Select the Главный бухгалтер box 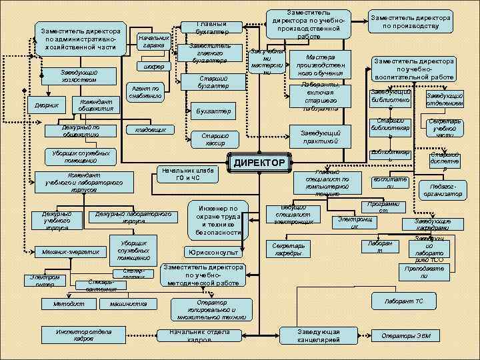tap(212, 28)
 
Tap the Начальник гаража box tap(153, 41)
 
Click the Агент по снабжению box tap(145, 91)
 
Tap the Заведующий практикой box tap(320, 137)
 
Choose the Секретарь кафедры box tap(289, 249)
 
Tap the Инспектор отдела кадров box tap(84, 334)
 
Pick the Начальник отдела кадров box tap(199, 335)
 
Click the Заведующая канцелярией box tap(318, 335)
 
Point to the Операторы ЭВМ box tap(405, 335)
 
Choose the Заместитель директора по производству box tap(410, 22)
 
